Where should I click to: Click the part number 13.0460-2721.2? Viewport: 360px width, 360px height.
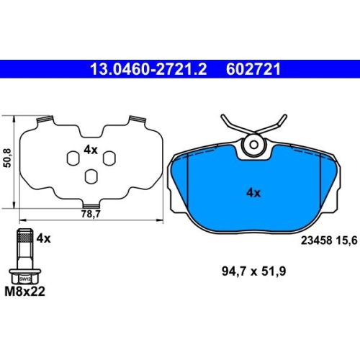tap(148, 69)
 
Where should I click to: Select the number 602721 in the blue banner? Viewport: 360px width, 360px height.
tap(253, 69)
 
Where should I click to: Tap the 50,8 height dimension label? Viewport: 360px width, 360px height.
tap(7, 158)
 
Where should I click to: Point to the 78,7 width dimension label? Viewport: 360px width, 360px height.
tap(91, 214)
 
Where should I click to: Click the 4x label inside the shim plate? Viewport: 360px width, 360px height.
tap(91, 150)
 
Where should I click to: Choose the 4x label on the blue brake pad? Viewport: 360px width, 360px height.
tap(253, 193)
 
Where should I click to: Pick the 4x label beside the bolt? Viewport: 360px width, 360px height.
tap(43, 238)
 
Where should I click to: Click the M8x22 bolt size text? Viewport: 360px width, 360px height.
tap(24, 292)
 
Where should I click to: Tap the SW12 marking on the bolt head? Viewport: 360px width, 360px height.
tap(25, 279)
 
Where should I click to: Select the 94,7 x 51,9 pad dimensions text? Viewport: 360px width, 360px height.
tap(253, 271)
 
